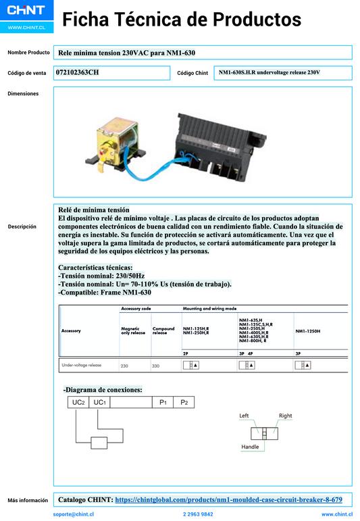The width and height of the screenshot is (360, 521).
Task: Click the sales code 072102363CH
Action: (x=77, y=72)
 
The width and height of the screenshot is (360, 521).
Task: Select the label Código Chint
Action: (x=192, y=73)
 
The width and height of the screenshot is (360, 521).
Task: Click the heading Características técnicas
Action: (x=96, y=268)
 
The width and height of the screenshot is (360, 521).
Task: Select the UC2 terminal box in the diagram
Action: (x=78, y=403)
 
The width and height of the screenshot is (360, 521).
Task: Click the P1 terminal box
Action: (x=163, y=403)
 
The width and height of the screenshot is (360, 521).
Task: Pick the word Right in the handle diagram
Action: (x=285, y=416)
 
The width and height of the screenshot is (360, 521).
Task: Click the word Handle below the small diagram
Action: (x=250, y=447)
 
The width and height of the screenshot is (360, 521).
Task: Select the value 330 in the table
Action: (x=156, y=366)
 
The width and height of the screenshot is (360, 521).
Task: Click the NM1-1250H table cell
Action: (x=308, y=331)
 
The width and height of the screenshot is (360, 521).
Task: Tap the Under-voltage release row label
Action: (x=82, y=365)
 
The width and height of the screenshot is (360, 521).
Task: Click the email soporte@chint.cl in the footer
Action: (x=73, y=514)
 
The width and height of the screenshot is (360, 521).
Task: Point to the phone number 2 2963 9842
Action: (x=198, y=514)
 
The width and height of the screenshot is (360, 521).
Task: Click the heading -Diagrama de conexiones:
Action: (x=103, y=390)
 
